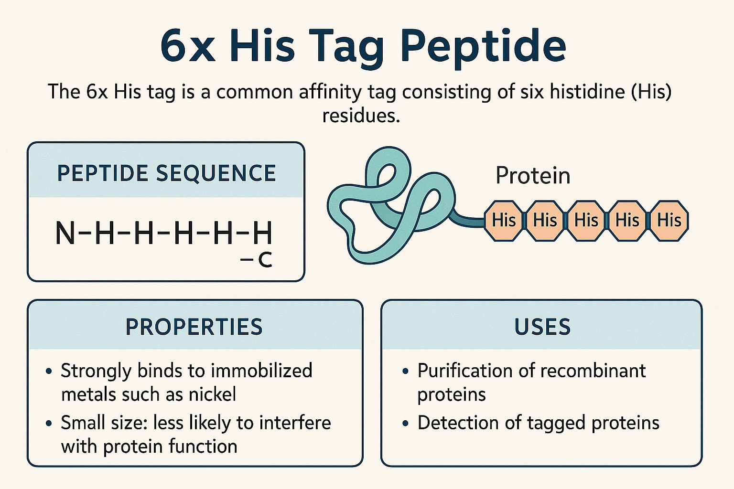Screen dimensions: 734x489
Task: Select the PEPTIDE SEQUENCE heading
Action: point(166,173)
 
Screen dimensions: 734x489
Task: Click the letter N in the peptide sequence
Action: point(65,233)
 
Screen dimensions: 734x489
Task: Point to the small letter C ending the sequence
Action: point(265,260)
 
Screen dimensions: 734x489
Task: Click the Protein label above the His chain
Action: point(533,176)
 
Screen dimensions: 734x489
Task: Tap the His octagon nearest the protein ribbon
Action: point(504,221)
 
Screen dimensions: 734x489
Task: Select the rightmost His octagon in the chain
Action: point(669,221)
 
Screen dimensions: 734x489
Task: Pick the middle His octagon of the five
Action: point(586,221)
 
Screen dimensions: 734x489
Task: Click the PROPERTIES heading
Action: point(194,327)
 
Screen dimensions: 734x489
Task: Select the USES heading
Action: point(542,327)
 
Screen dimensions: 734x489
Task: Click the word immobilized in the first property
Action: point(261,371)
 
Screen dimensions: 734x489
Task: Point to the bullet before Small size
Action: point(49,424)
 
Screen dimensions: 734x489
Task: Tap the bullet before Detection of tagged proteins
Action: point(405,424)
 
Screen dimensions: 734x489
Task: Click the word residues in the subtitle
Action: point(361,116)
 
